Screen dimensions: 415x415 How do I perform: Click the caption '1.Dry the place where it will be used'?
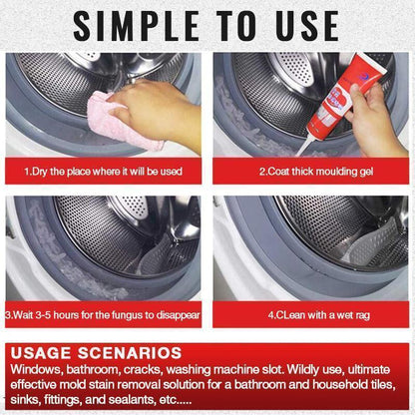click(x=103, y=171)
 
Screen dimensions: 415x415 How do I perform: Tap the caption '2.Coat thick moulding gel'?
click(x=311, y=171)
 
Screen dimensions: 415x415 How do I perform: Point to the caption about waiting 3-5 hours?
click(x=103, y=316)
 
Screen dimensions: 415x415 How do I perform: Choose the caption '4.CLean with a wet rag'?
click(x=311, y=316)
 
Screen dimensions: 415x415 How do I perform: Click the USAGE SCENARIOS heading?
click(x=98, y=353)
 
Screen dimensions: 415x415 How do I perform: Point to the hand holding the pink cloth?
click(x=160, y=107)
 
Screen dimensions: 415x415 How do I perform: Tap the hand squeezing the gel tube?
click(x=375, y=125)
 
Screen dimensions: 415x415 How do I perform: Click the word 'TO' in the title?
click(x=231, y=26)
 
